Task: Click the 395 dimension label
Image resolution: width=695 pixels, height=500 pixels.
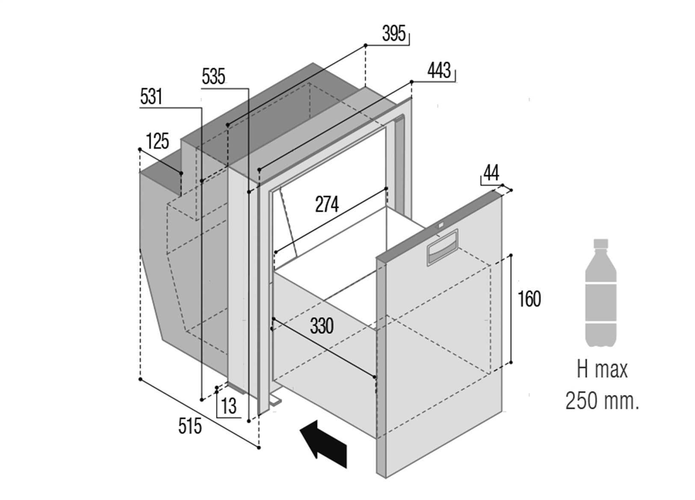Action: (394, 34)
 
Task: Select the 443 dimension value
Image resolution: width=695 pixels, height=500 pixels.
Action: (439, 71)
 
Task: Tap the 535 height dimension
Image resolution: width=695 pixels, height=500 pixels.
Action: (213, 78)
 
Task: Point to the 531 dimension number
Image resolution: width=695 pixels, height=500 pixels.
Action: (151, 97)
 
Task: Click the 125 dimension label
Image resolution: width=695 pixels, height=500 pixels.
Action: (157, 141)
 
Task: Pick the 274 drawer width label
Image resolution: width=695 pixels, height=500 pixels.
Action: (327, 204)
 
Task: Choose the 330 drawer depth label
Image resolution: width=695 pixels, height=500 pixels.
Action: (322, 326)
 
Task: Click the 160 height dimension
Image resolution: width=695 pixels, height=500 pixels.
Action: (529, 299)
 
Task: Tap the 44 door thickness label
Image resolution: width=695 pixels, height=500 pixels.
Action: (491, 173)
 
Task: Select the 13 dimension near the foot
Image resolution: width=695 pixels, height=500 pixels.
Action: (229, 405)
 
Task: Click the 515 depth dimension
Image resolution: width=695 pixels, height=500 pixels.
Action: (190, 426)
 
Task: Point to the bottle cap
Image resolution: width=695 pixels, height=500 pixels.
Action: (601, 243)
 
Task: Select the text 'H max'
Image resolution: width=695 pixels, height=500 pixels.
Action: (602, 370)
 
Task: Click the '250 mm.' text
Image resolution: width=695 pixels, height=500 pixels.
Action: (602, 401)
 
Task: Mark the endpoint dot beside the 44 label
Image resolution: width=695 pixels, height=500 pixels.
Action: (512, 190)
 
